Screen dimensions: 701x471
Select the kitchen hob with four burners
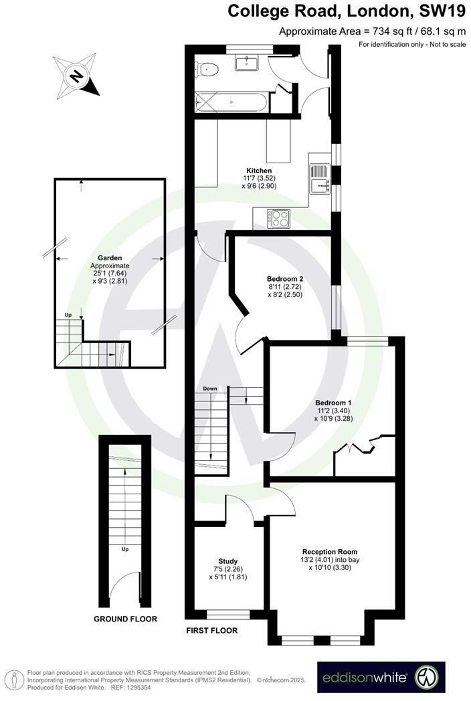pos(278,217)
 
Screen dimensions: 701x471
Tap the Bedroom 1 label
pos(333,403)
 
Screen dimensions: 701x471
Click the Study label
pos(228,561)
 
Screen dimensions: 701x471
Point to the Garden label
pos(109,257)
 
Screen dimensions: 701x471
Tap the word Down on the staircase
pos(210,389)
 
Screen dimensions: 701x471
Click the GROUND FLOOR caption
pos(125,619)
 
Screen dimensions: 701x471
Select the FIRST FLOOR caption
pos(211,629)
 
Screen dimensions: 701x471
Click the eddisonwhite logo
pos(381,678)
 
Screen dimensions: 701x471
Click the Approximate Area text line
pos(371,31)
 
